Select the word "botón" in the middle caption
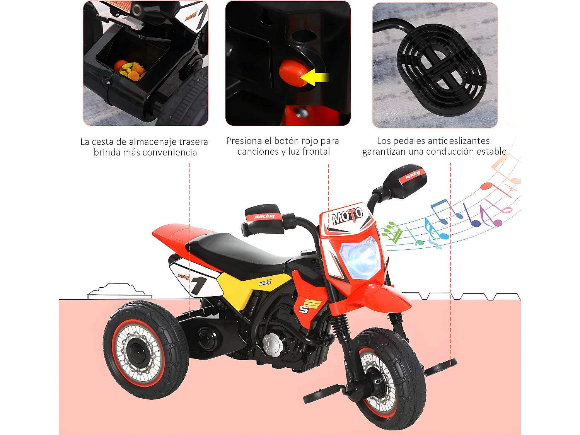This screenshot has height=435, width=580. [287, 141]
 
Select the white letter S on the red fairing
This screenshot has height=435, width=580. [304, 309]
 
